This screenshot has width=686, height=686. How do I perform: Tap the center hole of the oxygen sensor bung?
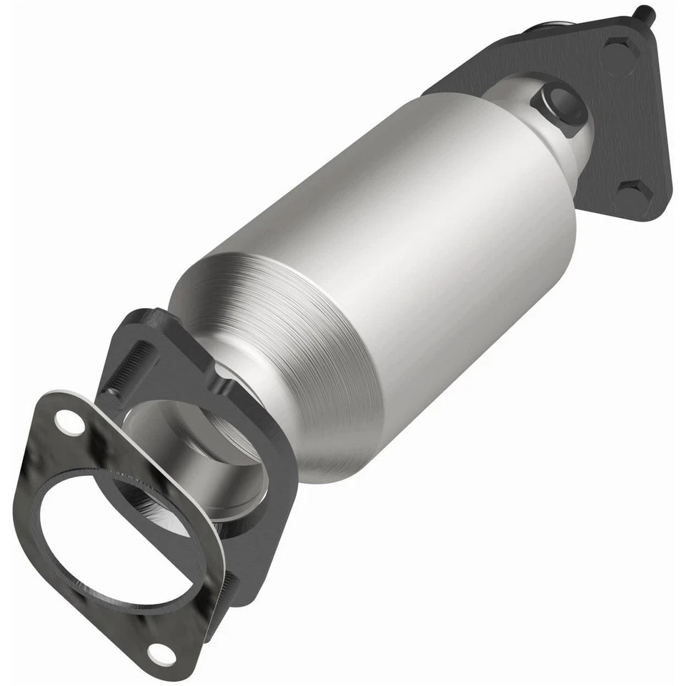[x=557, y=100]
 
